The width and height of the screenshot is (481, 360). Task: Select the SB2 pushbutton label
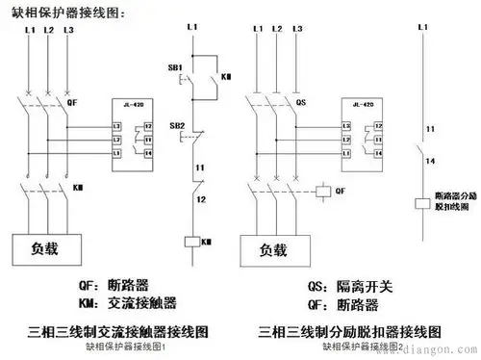click(x=177, y=126)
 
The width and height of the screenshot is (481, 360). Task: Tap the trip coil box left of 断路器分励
click(x=420, y=203)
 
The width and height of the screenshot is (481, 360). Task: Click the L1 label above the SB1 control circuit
click(x=196, y=35)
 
